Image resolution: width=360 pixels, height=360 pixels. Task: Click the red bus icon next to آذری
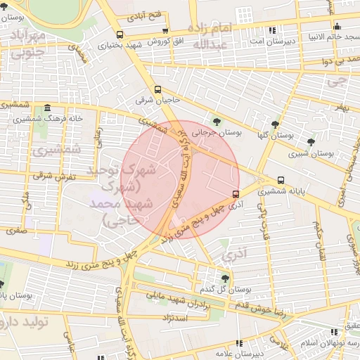tap(235, 194)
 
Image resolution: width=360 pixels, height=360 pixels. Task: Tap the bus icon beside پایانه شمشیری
tap(281, 180)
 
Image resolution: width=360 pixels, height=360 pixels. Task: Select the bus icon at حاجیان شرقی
tap(157, 89)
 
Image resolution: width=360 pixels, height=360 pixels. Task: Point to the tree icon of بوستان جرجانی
tap(216, 121)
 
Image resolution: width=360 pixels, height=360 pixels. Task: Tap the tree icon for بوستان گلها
tap(264, 124)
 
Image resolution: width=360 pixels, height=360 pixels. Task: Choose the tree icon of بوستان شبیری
tap(311, 142)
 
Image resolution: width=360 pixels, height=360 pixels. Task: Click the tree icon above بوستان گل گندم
tap(225, 278)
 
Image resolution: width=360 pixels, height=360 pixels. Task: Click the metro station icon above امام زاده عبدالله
tap(244, 13)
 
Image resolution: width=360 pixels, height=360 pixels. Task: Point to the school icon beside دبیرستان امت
tap(272, 30)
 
